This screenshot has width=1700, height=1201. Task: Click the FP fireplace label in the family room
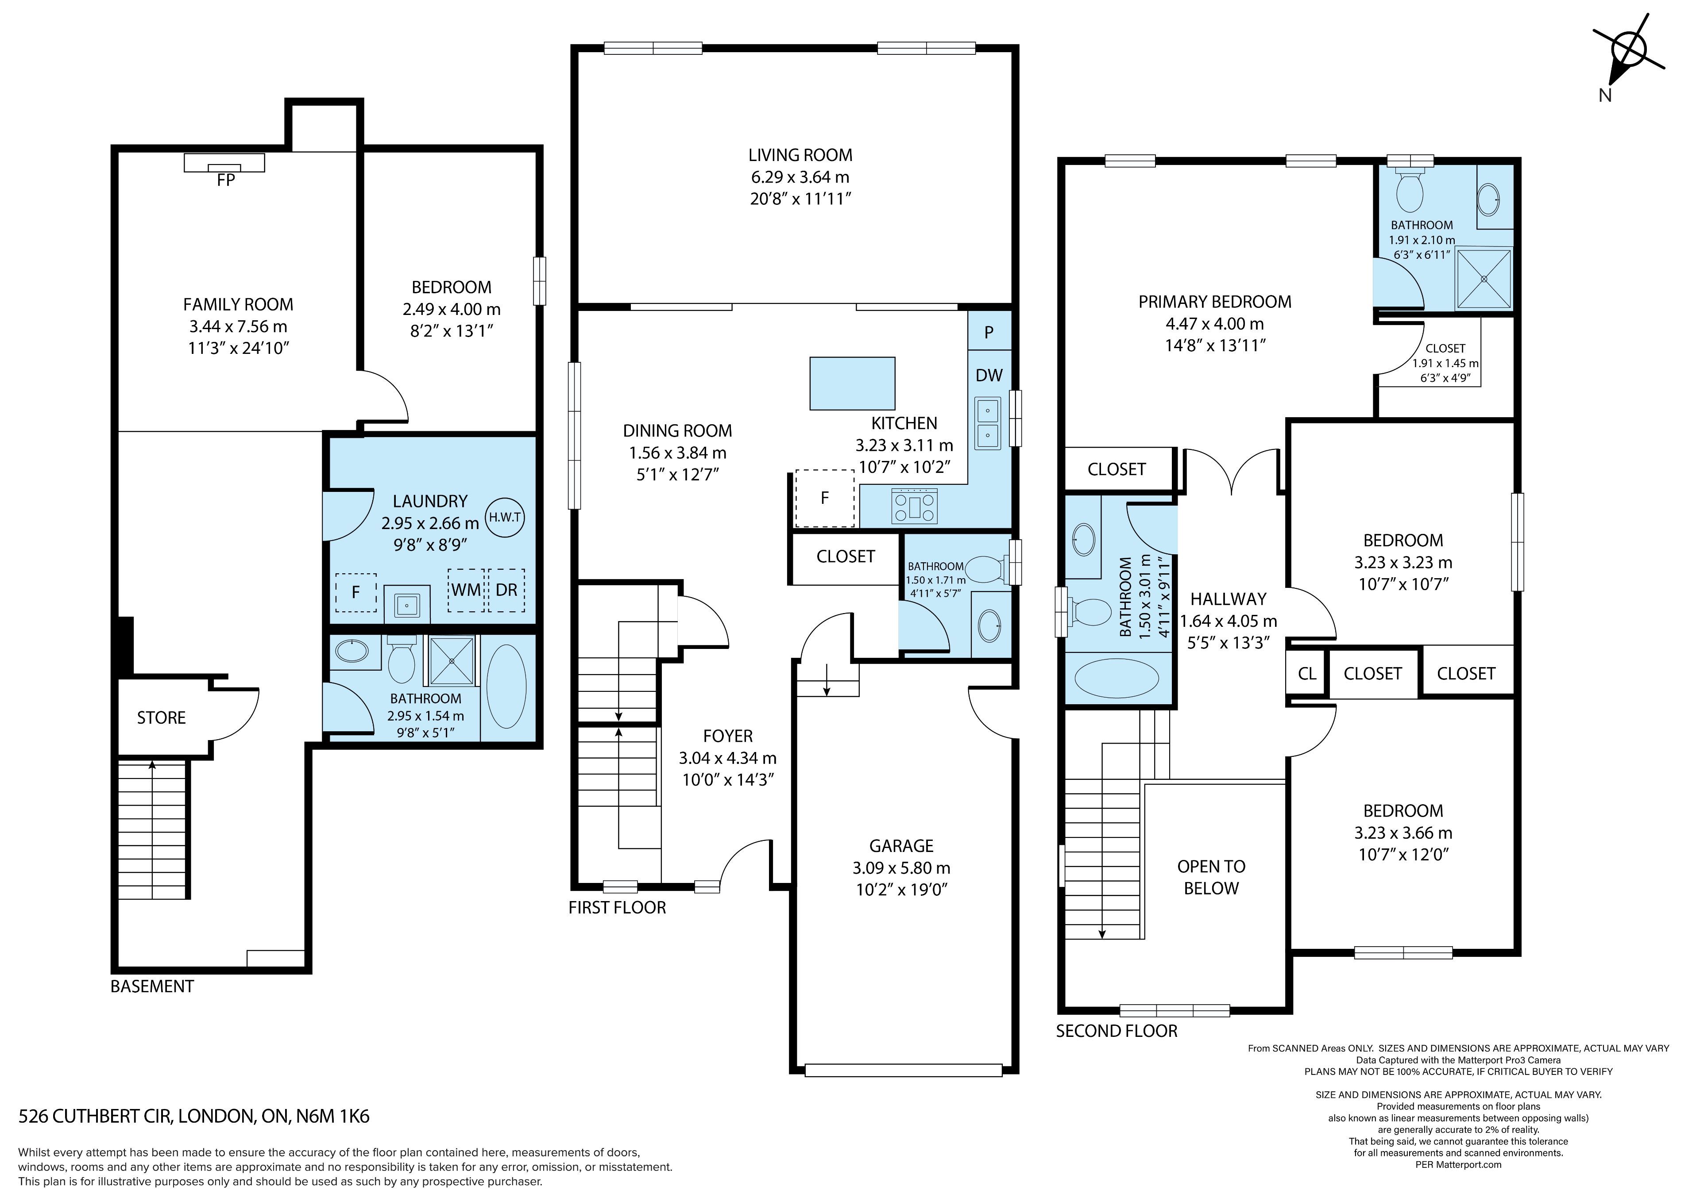click(x=226, y=180)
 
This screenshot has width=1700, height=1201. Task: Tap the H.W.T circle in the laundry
click(x=505, y=517)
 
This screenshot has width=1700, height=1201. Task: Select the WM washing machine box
click(x=466, y=590)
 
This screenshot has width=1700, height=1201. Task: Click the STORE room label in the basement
click(x=162, y=718)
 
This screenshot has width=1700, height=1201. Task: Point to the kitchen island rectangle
click(x=852, y=384)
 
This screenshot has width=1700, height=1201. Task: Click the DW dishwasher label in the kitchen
click(x=989, y=375)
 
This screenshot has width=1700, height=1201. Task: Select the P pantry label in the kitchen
click(x=989, y=333)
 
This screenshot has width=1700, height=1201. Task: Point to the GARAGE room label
click(x=901, y=846)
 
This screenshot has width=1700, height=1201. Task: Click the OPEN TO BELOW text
click(x=1211, y=877)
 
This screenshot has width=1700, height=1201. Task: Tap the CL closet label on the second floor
click(x=1307, y=673)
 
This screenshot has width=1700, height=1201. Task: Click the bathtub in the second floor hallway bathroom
click(x=1117, y=678)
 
